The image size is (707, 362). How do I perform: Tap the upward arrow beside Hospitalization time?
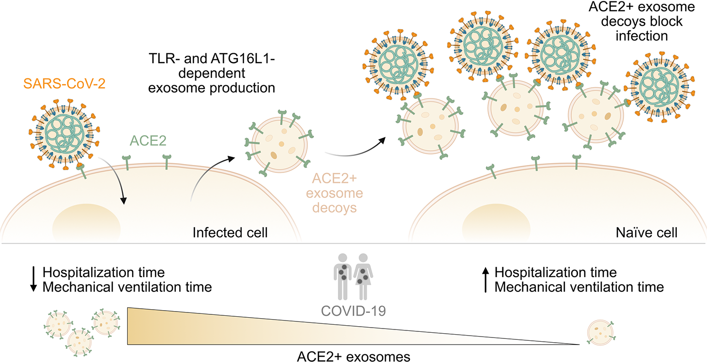pos(486,279)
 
